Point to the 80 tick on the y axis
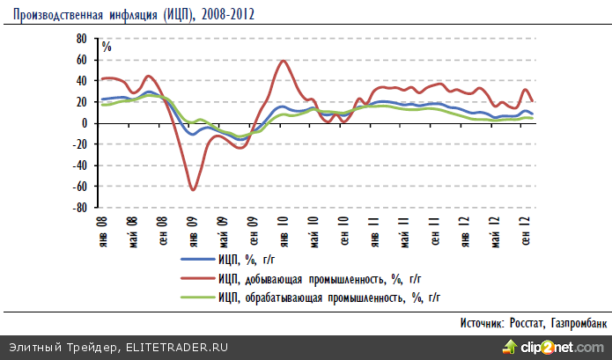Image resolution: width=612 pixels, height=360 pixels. [81, 39]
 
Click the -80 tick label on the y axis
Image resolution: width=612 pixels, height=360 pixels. [79, 209]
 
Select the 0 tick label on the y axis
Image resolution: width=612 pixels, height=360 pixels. [85, 123]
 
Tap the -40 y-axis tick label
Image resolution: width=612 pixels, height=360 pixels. [79, 166]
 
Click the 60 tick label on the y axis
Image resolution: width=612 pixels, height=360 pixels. [81, 60]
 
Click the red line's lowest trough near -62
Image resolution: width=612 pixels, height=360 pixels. [193, 188]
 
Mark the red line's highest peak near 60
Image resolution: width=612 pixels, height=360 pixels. [283, 61]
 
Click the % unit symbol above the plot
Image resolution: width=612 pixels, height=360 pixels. [107, 47]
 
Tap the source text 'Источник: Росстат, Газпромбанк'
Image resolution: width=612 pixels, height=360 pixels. [534, 324]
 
